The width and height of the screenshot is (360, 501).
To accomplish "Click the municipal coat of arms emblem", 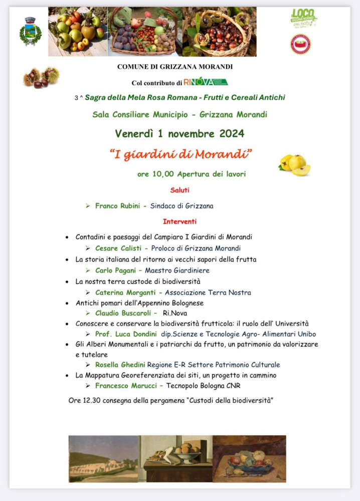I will (31, 31).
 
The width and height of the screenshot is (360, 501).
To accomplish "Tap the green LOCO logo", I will (304, 19).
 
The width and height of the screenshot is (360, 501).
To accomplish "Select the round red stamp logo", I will (300, 44).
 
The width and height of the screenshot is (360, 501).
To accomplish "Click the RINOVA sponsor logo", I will (205, 82).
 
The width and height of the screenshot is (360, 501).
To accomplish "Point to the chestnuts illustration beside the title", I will (41, 77).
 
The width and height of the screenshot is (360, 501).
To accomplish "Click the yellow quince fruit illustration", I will (295, 165).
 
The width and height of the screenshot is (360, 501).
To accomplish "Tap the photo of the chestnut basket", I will (219, 31).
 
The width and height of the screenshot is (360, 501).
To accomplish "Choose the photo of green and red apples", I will (78, 31).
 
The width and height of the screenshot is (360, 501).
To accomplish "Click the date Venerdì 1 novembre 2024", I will (179, 134).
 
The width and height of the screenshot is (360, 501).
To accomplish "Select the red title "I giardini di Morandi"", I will (180, 154).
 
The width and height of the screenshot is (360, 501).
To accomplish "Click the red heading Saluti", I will (179, 190).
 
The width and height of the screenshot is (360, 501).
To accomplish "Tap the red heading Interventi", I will (179, 221).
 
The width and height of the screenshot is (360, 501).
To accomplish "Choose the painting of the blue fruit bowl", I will (249, 458).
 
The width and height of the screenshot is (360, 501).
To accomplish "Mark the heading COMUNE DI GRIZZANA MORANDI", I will (175, 66).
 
